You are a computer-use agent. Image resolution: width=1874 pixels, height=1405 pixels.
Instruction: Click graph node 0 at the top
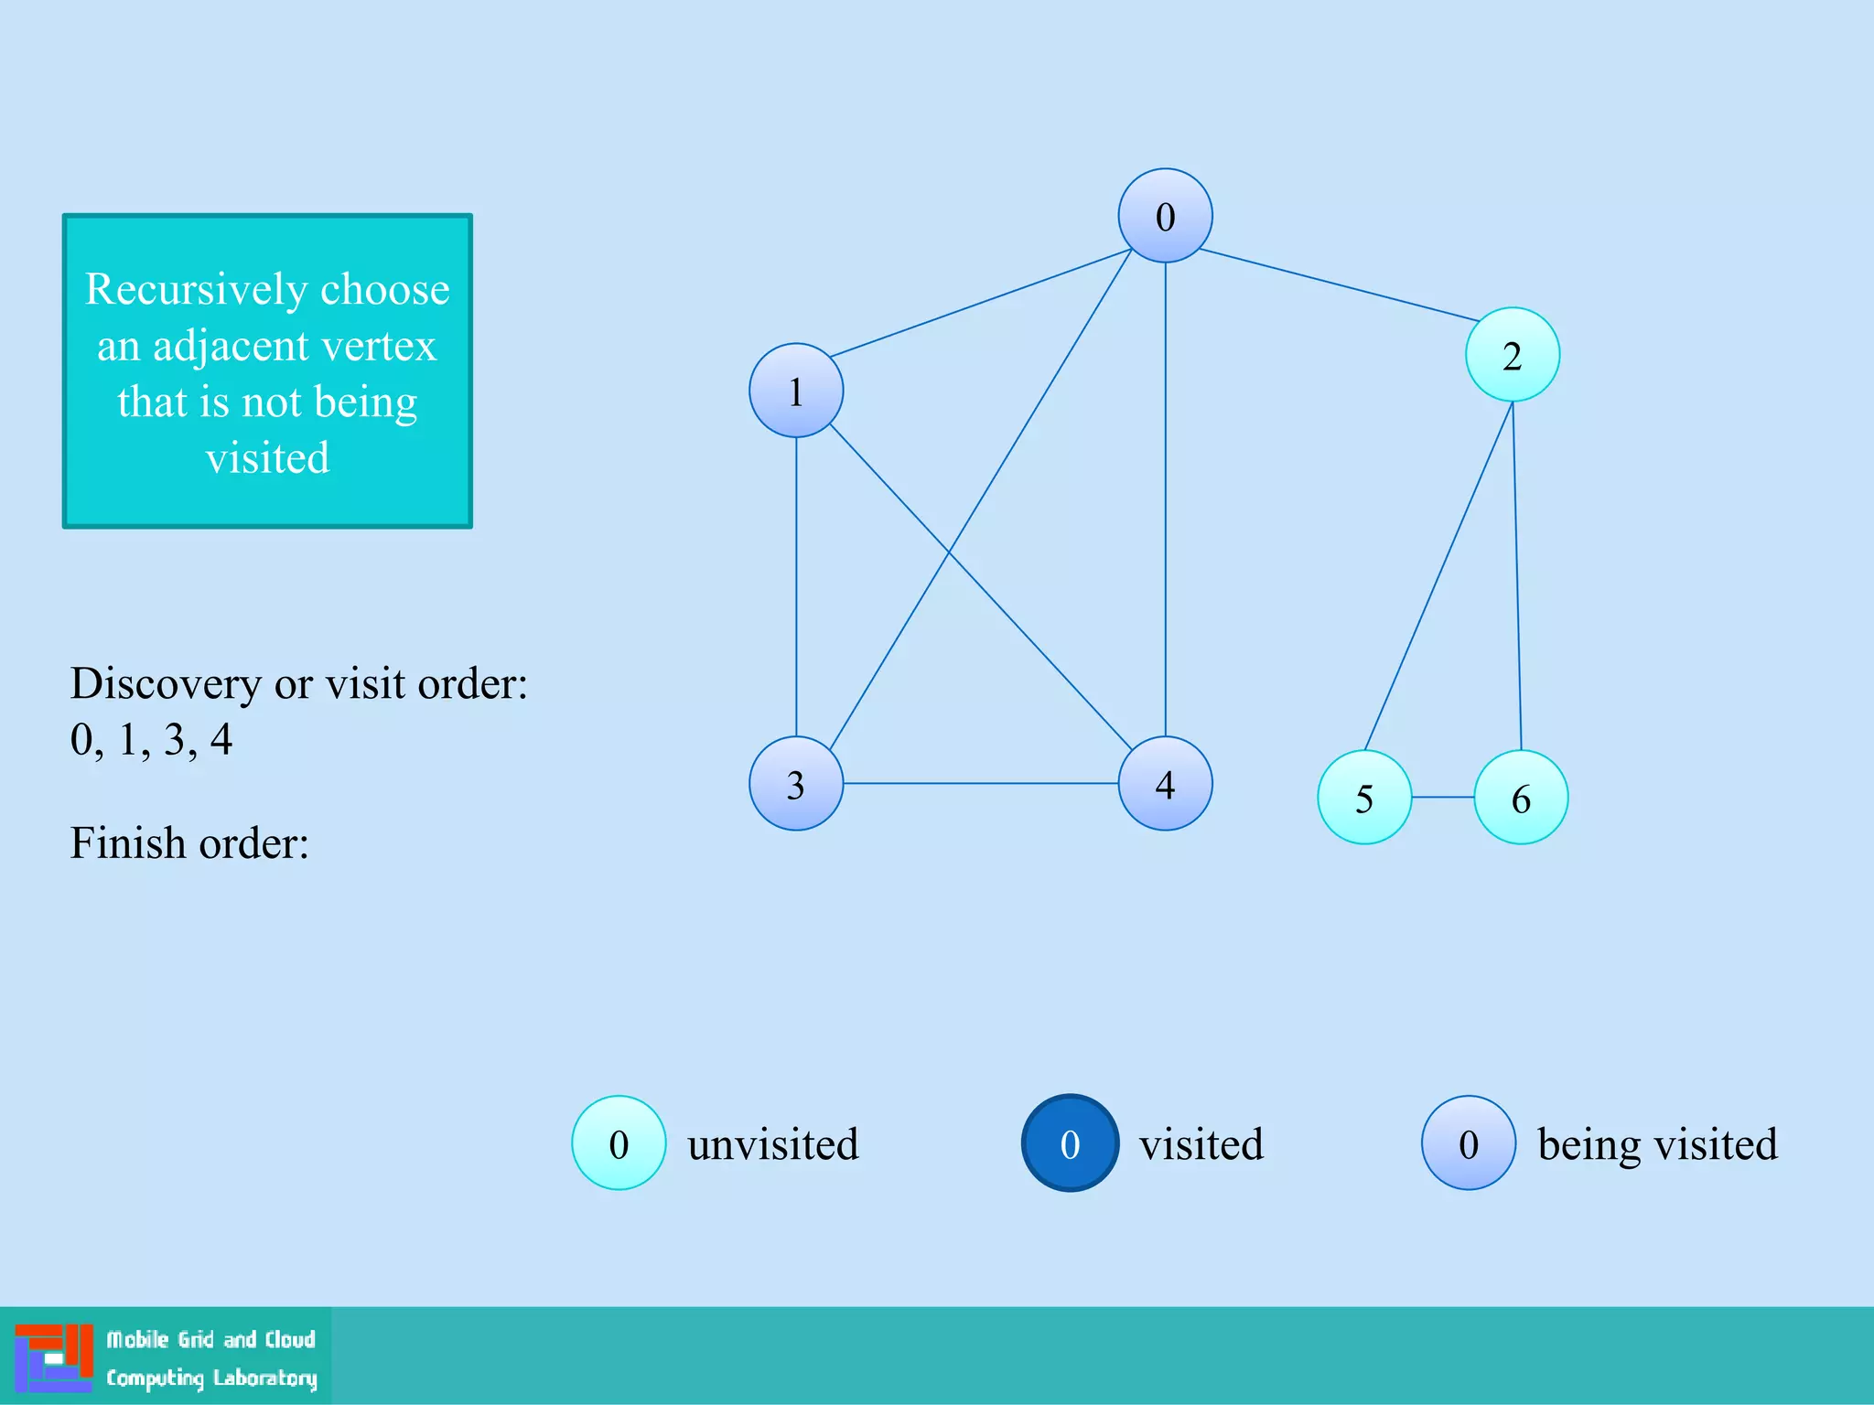[x=1165, y=216]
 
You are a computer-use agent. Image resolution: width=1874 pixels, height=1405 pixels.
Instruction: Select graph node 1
[x=796, y=391]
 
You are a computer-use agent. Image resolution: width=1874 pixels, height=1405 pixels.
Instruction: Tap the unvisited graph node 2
[x=1512, y=355]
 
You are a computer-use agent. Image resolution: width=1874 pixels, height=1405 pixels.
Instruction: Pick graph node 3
[x=796, y=784]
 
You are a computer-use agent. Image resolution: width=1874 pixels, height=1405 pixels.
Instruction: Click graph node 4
[x=1165, y=784]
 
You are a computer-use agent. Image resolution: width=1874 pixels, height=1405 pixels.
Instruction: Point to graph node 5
[x=1364, y=798]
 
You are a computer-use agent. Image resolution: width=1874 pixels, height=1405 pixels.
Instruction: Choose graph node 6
[x=1521, y=798]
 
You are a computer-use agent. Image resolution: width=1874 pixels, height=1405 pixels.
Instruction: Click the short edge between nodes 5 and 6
[x=1443, y=798]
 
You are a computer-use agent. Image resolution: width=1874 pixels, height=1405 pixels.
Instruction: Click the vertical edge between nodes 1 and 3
[x=796, y=585]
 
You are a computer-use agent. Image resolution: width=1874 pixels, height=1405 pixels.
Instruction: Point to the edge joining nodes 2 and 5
[x=1438, y=576]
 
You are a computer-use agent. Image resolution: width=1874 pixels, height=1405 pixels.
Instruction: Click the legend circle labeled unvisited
[x=619, y=1142]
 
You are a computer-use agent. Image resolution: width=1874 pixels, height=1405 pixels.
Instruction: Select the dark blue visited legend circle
[x=1070, y=1142]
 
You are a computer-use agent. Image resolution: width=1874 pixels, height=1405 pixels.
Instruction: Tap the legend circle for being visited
[x=1468, y=1142]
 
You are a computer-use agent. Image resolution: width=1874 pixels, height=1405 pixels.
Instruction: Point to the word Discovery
[x=165, y=683]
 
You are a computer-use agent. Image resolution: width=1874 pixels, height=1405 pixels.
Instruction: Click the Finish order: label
[x=189, y=842]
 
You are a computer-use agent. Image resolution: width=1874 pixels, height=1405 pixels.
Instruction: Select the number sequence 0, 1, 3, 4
[x=151, y=739]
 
